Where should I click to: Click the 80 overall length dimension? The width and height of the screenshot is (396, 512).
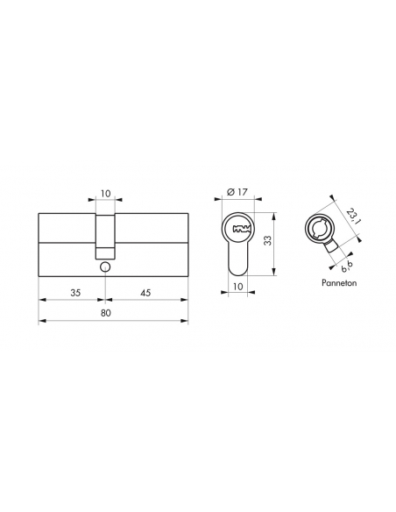coord(106,313)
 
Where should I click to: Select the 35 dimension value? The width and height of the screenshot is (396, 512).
coord(75,293)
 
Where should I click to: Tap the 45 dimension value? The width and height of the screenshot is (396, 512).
coord(145,293)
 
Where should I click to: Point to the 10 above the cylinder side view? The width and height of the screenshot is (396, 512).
coord(106,194)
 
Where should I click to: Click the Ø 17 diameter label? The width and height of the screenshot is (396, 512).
coord(237,192)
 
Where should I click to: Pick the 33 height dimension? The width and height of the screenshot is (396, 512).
coord(267,241)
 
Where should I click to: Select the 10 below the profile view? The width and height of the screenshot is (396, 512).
coord(238,287)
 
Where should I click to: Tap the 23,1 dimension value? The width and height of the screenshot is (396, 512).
coord(354,217)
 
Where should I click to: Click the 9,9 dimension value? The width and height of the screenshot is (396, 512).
coord(346,267)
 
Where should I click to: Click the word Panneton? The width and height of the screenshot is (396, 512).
coord(339,283)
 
